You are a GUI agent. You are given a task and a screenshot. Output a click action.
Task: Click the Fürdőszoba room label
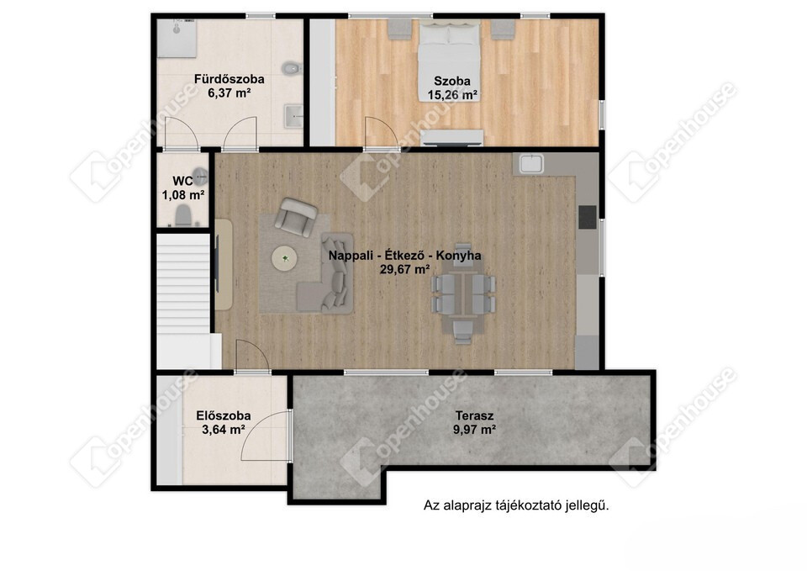[229, 79]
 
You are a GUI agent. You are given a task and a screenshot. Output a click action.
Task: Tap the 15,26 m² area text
[452, 95]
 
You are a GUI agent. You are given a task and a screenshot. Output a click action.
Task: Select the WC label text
[182, 181]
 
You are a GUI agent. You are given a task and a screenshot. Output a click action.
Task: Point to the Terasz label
[474, 415]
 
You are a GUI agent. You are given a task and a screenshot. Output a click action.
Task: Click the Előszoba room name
[224, 415]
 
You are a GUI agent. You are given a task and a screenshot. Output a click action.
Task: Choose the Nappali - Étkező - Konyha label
[405, 256]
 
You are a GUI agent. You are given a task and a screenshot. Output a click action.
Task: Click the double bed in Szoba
[449, 61]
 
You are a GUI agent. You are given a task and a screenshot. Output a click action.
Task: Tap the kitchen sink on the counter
[531, 164]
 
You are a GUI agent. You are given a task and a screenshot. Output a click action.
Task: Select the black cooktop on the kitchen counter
[588, 217]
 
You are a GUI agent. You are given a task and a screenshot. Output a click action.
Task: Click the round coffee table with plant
[285, 258]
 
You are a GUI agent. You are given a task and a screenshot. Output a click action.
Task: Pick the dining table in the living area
[463, 293]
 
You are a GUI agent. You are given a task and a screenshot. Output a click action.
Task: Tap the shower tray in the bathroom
[177, 38]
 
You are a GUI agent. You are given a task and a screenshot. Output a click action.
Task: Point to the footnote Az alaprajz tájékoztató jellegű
[516, 505]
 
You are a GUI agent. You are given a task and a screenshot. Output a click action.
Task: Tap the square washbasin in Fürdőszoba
[293, 116]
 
